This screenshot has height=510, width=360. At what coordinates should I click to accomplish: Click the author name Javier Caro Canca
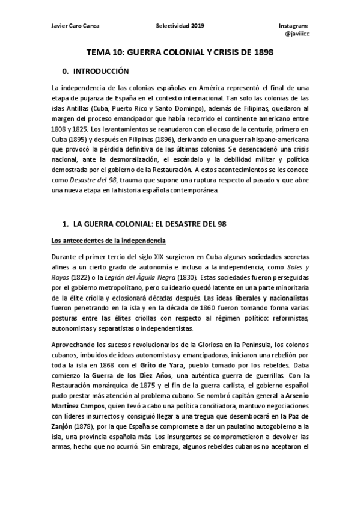(76, 26)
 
